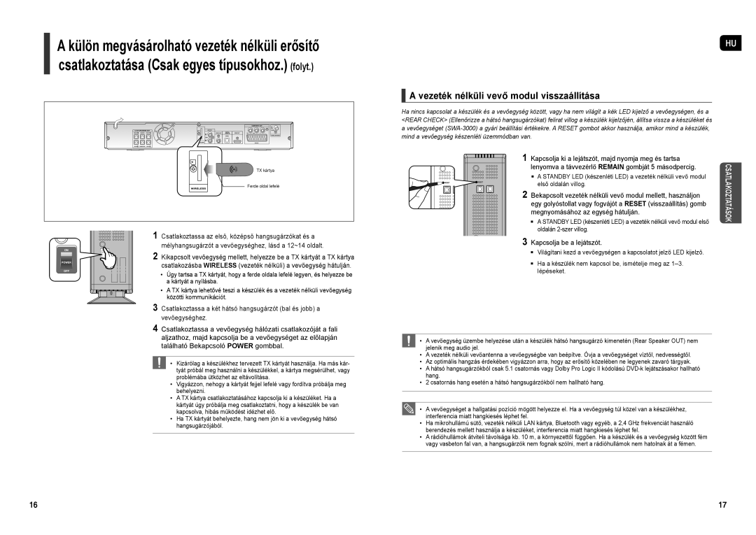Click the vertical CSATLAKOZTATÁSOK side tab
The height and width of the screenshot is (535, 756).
(x=729, y=192)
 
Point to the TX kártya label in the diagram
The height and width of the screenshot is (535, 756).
(x=264, y=171)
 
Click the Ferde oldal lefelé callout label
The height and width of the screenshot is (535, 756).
(x=263, y=186)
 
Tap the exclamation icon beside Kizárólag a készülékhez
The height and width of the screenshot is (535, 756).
(x=159, y=364)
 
